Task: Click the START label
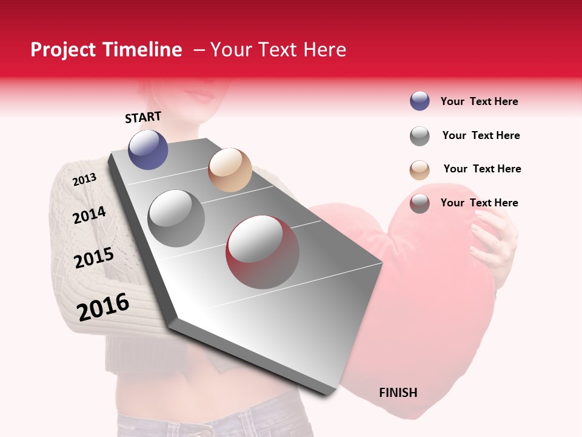point(143,117)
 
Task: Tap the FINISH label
point(398,393)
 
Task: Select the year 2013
point(84,180)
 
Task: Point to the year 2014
point(89,215)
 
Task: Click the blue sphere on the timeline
point(148,150)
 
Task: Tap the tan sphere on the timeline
point(230,170)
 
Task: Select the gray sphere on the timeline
point(176,218)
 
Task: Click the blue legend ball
point(420,101)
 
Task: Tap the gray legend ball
point(420,136)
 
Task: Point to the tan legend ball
point(420,170)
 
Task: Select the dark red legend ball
point(420,203)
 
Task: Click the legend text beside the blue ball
point(479,101)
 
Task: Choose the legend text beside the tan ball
point(482,169)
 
